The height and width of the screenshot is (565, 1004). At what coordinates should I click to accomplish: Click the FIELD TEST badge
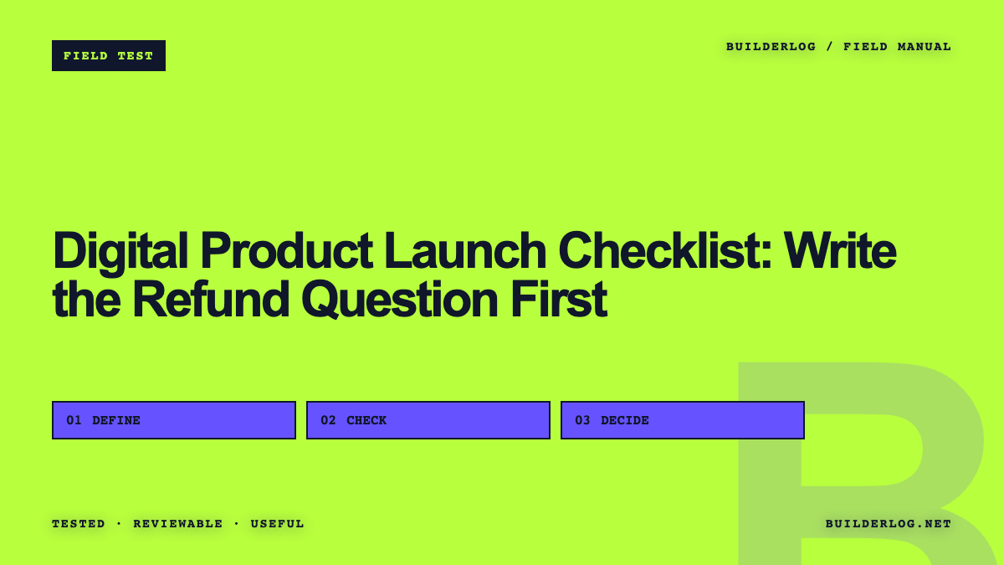[x=109, y=55]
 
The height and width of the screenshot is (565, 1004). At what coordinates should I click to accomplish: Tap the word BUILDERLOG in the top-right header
[x=771, y=47]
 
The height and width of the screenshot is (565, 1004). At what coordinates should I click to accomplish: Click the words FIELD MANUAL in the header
[x=897, y=47]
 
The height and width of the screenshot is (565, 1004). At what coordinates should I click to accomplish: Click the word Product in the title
[x=286, y=250]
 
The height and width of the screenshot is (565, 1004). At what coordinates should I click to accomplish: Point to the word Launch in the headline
[x=465, y=250]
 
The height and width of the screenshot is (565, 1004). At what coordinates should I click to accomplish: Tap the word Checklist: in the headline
[x=664, y=250]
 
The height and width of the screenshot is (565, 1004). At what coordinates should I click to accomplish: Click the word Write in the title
[x=840, y=250]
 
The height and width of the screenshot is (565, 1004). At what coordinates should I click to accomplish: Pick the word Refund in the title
[x=211, y=299]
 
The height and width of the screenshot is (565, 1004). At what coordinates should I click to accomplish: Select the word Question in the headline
[x=399, y=300]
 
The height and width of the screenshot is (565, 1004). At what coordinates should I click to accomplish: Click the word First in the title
[x=559, y=299]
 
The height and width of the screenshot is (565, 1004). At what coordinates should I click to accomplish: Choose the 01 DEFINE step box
[x=174, y=420]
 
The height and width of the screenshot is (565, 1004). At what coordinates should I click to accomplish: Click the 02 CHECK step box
[x=428, y=420]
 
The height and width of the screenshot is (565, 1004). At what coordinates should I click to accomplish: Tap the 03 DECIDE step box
[x=683, y=420]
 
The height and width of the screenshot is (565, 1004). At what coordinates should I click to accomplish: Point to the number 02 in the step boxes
[x=328, y=420]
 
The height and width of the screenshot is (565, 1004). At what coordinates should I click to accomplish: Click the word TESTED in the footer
[x=79, y=524]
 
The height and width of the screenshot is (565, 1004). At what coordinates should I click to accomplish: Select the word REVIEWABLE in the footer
[x=178, y=524]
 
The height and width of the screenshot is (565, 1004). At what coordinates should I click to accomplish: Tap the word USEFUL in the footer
[x=278, y=524]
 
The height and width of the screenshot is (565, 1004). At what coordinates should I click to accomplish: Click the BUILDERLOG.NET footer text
[x=889, y=524]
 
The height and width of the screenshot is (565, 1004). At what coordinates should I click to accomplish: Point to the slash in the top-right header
[x=830, y=47]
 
